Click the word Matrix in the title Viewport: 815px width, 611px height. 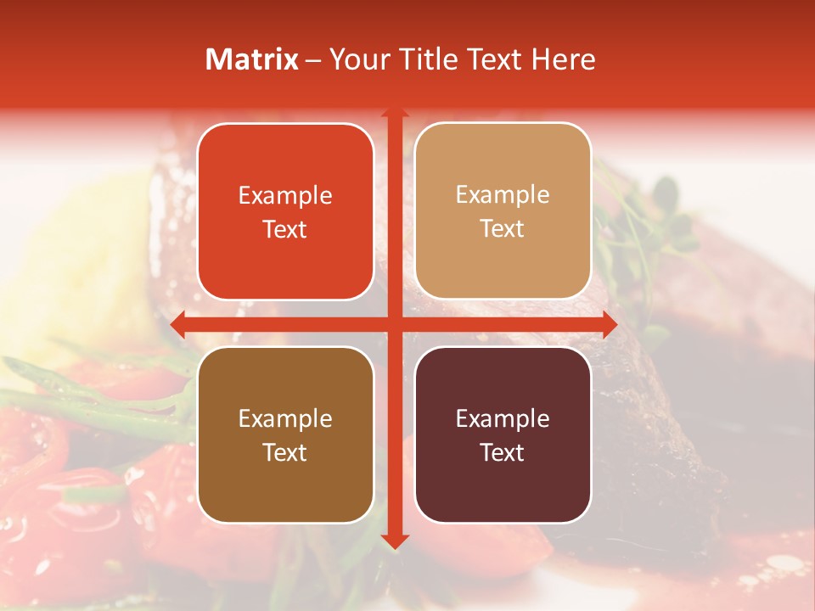pos(252,59)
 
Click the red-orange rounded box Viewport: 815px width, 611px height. pos(285,211)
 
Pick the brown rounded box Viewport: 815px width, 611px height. pos(285,434)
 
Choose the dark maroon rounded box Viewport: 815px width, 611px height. pos(503,434)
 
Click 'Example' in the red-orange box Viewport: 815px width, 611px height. pos(285,196)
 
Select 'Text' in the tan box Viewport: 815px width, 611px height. pos(503,229)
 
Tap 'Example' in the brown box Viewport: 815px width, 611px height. pos(285,419)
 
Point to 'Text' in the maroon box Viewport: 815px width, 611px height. pos(503,452)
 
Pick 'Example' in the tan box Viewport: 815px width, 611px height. pos(503,195)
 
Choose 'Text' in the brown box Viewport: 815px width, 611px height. pos(285,452)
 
